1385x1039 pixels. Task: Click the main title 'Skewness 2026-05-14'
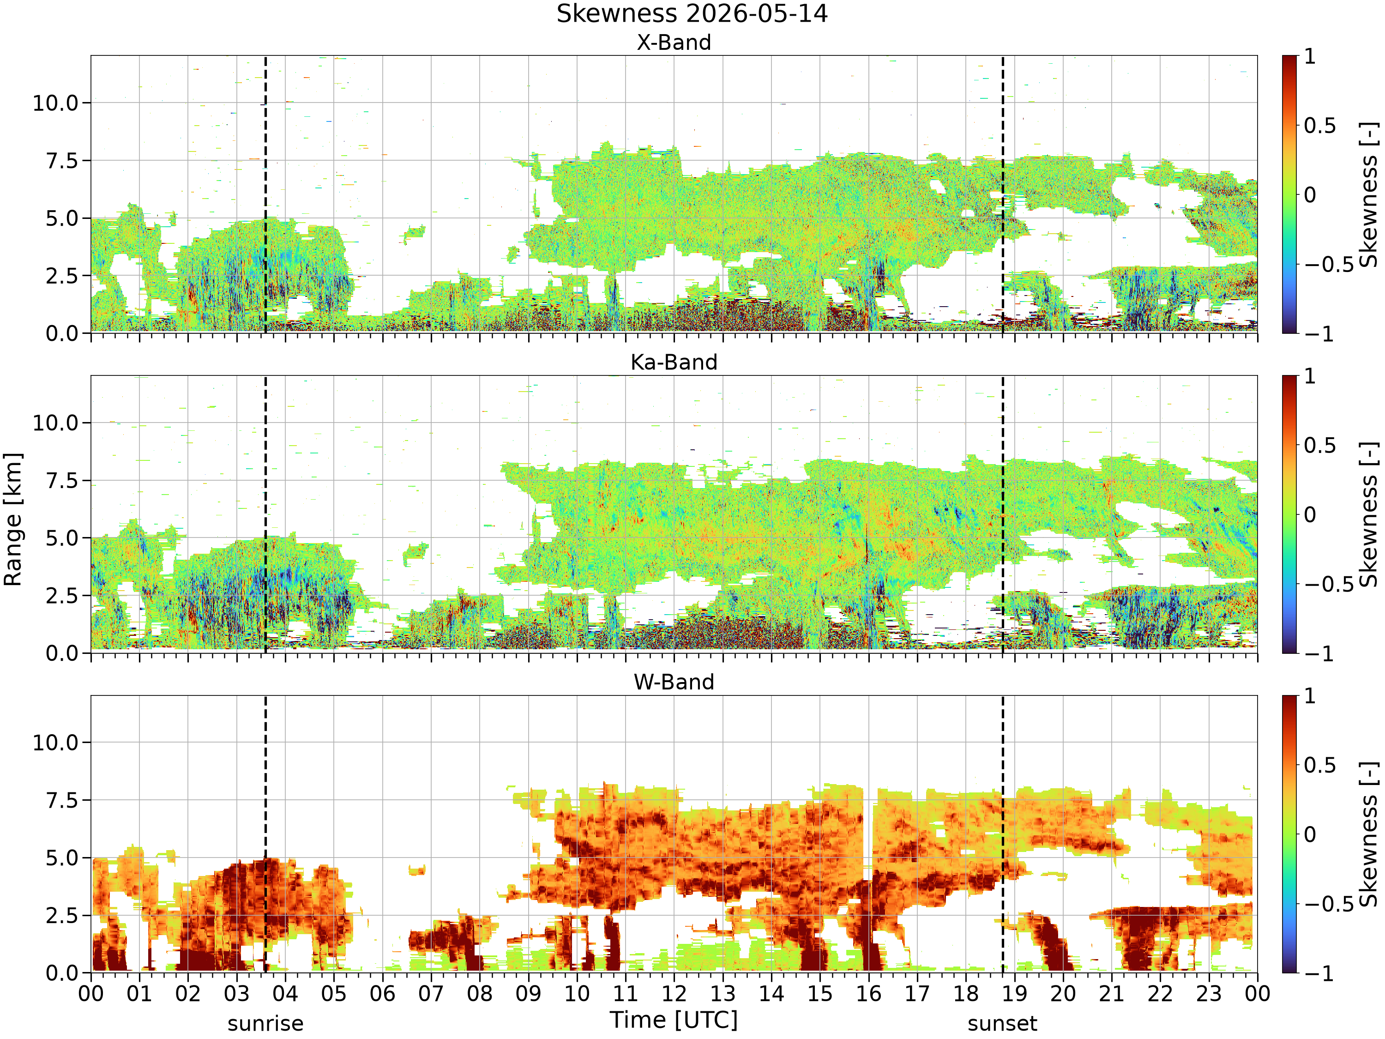click(x=692, y=14)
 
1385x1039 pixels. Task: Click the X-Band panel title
click(x=674, y=42)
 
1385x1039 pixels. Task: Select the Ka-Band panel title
click(x=674, y=362)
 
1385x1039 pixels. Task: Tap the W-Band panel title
click(x=674, y=682)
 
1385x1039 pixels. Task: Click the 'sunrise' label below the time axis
click(x=265, y=1024)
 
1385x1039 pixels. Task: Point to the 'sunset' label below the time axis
click(x=1002, y=1024)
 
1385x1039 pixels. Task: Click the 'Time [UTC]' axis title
click(x=674, y=1020)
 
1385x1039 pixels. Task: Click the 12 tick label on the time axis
click(x=674, y=993)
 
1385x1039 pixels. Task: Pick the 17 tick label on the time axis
click(x=917, y=993)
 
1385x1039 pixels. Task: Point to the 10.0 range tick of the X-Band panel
click(x=56, y=103)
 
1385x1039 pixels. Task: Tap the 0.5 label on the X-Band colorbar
click(x=1320, y=126)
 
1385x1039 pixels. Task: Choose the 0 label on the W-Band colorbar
click(x=1310, y=834)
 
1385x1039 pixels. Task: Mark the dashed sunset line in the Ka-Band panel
click(x=1002, y=514)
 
